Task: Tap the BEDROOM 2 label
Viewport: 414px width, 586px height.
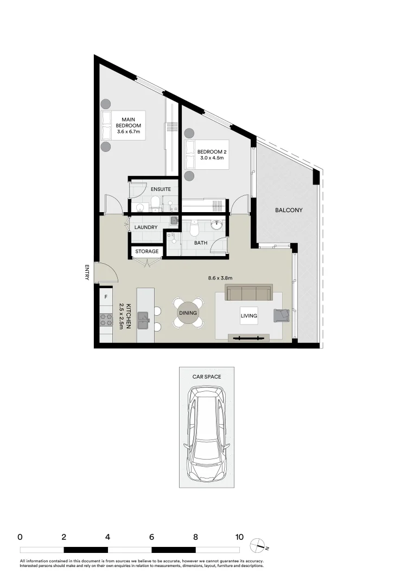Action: pyautogui.click(x=211, y=155)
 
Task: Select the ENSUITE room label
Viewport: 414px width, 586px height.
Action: pyautogui.click(x=161, y=189)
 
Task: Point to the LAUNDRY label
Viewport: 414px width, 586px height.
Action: pyautogui.click(x=146, y=227)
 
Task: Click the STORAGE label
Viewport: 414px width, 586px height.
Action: pyautogui.click(x=147, y=251)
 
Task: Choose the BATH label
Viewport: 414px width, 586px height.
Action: pyautogui.click(x=201, y=243)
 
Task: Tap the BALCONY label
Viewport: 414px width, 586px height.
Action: pyautogui.click(x=288, y=210)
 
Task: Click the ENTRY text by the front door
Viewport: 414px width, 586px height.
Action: pyautogui.click(x=87, y=272)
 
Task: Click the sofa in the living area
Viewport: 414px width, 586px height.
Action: pyautogui.click(x=249, y=293)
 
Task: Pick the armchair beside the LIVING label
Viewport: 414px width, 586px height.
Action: pyautogui.click(x=282, y=315)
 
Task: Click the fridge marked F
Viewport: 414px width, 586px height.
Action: pyautogui.click(x=105, y=297)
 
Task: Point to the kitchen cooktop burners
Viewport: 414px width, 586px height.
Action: pyautogui.click(x=105, y=320)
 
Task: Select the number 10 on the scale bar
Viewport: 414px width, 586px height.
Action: pyautogui.click(x=239, y=537)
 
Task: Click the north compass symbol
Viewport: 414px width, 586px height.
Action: pyautogui.click(x=257, y=545)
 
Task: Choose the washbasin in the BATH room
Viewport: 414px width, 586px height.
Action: pyautogui.click(x=218, y=225)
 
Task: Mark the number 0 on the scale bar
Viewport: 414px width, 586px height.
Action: pyautogui.click(x=20, y=537)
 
